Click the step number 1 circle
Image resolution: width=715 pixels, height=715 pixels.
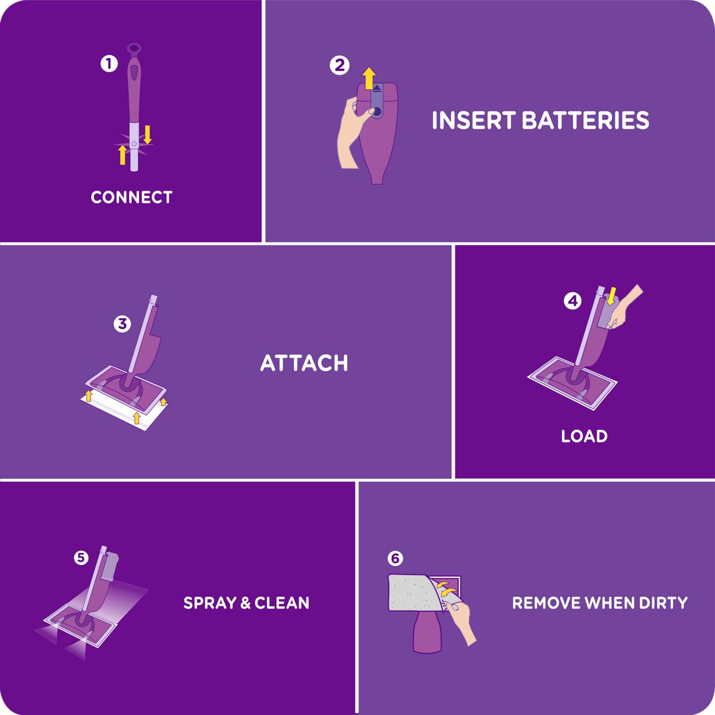(x=109, y=64)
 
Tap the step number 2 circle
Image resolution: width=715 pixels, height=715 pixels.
(x=340, y=65)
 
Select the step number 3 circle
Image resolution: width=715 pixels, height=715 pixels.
(x=122, y=323)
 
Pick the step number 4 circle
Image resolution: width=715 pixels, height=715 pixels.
(x=573, y=301)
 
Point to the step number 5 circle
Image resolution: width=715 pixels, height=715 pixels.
(x=81, y=558)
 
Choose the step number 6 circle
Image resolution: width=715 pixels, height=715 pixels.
(x=395, y=558)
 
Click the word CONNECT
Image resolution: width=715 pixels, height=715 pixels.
(x=131, y=197)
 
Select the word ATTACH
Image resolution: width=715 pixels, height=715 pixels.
(x=304, y=363)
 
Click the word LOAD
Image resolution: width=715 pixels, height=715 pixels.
(x=584, y=436)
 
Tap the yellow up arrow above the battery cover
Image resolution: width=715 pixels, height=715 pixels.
(x=369, y=79)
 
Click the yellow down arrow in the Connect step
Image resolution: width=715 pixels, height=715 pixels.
(x=148, y=134)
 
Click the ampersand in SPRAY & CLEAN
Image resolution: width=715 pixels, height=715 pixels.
(x=245, y=603)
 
